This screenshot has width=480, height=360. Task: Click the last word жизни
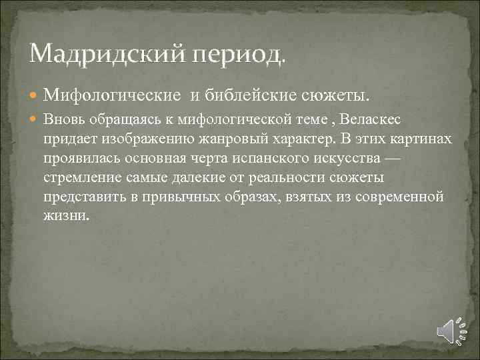(x=65, y=217)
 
